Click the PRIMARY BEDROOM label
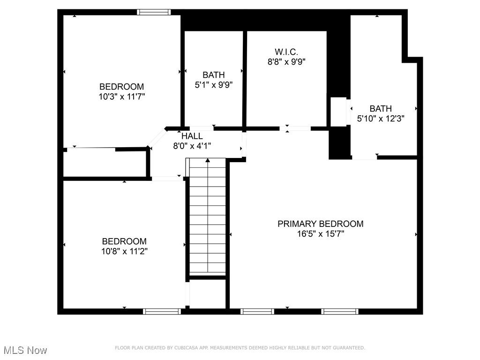click(x=320, y=224)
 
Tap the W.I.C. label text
click(x=286, y=51)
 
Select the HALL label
click(x=192, y=136)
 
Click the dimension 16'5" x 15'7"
click(x=320, y=234)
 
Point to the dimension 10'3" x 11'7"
click(x=121, y=97)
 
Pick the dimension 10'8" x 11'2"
click(x=124, y=251)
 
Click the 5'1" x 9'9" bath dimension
click(x=213, y=85)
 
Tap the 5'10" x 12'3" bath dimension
click(x=381, y=119)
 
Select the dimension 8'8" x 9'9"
click(x=286, y=61)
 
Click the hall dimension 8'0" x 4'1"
click(x=192, y=146)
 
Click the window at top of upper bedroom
click(x=154, y=12)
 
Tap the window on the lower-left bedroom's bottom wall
click(x=162, y=311)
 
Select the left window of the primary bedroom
click(x=257, y=311)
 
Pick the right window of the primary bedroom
click(x=340, y=311)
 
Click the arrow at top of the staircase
click(x=208, y=161)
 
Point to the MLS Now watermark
click(x=25, y=350)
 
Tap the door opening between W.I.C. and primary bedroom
click(x=295, y=128)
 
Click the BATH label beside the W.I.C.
click(x=213, y=75)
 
